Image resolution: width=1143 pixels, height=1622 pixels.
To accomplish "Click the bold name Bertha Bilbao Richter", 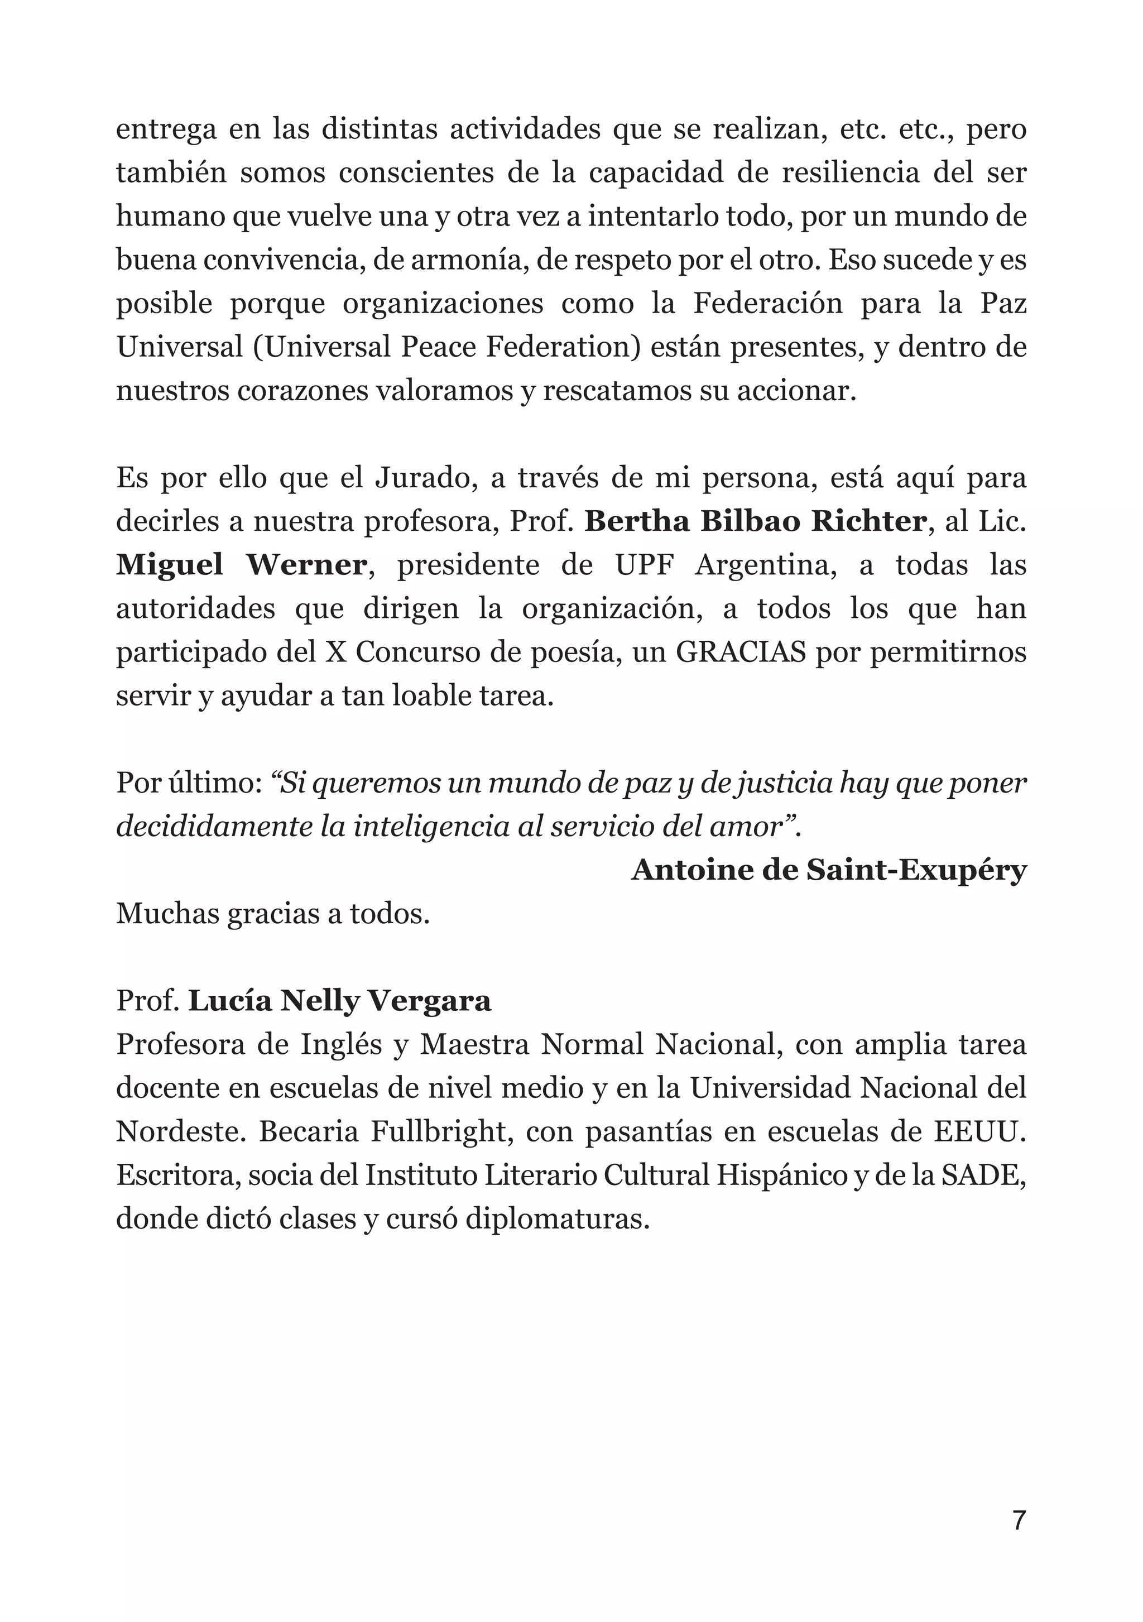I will point(755,522).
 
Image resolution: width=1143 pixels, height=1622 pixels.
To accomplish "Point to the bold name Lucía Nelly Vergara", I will point(339,1001).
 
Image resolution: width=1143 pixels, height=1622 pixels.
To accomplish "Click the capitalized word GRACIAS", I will point(741,652).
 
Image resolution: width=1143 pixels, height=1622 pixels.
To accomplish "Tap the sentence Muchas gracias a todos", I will point(273,914).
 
